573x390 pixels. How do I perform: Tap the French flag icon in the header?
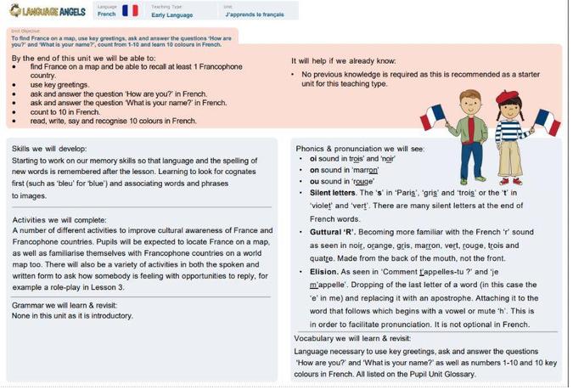point(130,10)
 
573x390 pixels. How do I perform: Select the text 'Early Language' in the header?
point(173,14)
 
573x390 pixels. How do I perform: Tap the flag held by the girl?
point(546,121)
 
